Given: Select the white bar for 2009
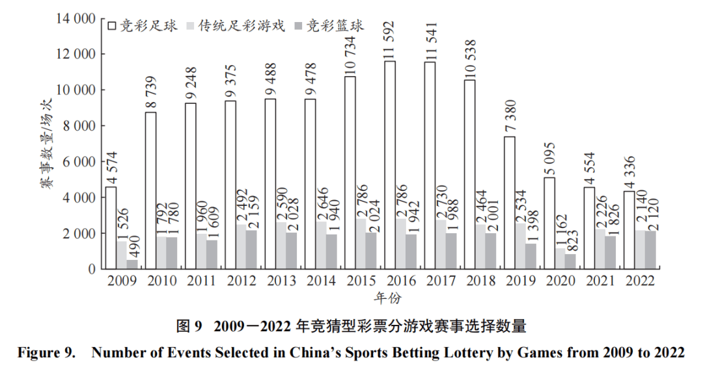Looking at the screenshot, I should (111, 227).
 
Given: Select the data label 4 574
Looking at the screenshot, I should (111, 166).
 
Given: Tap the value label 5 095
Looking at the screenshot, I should (550, 157).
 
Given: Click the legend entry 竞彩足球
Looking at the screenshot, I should (145, 26).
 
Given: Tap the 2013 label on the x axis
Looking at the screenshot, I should (281, 281).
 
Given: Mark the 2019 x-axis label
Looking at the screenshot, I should (520, 281).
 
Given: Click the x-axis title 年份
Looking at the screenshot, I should (388, 298).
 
